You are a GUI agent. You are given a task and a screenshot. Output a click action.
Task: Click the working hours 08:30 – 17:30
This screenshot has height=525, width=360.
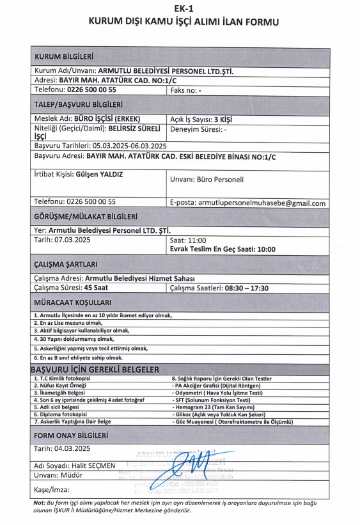[246, 288]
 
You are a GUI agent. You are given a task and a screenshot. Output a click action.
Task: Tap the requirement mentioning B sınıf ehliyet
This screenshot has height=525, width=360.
[77, 358]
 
